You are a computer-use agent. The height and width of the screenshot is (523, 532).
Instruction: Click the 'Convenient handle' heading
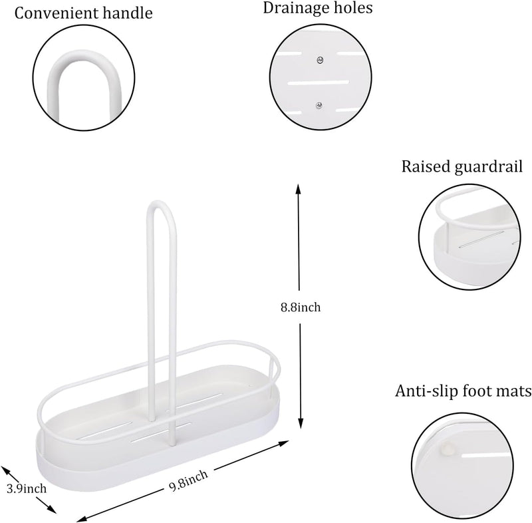84,13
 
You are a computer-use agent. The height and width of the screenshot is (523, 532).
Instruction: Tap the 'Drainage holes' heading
318,8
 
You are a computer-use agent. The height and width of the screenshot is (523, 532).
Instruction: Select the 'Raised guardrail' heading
462,166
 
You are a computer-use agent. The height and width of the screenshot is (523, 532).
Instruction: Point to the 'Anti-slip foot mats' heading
463,391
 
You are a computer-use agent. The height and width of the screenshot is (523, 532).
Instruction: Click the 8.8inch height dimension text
301,307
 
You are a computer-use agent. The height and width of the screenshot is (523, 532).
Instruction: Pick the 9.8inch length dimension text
188,478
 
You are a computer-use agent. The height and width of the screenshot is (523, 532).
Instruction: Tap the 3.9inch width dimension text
27,488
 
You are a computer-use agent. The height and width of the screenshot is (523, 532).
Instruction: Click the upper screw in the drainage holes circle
320,61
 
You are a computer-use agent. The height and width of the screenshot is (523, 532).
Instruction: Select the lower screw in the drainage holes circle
319,105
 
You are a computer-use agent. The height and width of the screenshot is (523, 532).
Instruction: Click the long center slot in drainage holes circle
319,83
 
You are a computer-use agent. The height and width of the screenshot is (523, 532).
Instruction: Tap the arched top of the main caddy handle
161,206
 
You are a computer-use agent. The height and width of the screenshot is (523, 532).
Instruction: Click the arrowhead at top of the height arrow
298,189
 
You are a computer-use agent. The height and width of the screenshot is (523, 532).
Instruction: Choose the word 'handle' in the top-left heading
128,13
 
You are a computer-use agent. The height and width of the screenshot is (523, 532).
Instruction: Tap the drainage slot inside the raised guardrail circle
481,240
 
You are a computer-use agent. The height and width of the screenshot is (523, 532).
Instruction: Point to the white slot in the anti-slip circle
486,454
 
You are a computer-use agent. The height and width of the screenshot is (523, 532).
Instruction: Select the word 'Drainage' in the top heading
293,9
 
